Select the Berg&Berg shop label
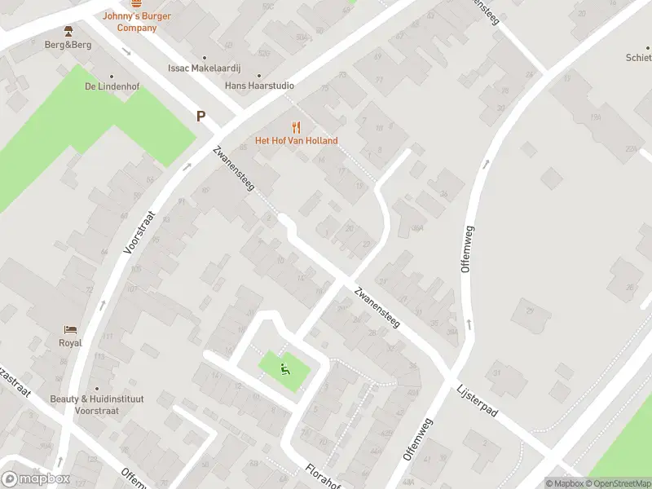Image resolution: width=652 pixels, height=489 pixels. coord(68,45)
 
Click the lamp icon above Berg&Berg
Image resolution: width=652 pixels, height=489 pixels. coord(68,31)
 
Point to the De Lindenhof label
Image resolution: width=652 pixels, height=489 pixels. coord(108,86)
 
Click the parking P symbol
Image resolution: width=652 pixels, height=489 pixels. coord(200,117)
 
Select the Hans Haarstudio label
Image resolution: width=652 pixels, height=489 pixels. coord(259,86)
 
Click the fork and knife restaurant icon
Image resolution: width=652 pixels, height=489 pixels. coord(296,126)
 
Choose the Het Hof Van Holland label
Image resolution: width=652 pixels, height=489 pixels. coord(296,140)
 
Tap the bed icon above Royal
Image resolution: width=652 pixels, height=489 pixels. coord(70,330)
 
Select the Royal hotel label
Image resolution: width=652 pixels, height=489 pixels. coord(70,343)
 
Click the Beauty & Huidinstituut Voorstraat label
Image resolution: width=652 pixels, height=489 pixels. coord(96,404)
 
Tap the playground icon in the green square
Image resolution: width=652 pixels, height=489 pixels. coord(284,368)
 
